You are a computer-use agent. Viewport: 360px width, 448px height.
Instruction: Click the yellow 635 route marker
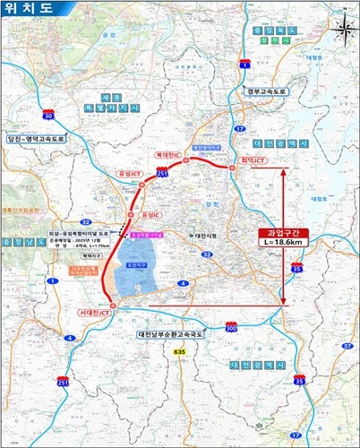click(177, 353)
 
